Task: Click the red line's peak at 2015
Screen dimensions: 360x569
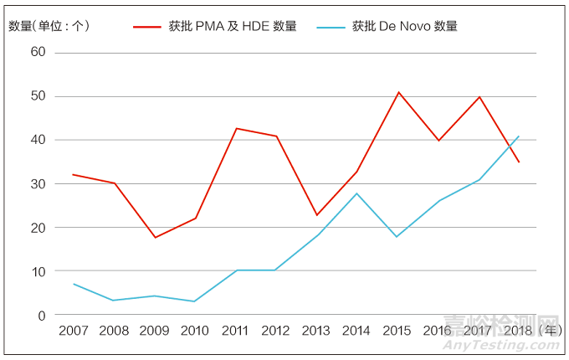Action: coord(398,92)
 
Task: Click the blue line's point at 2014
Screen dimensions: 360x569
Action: coord(357,193)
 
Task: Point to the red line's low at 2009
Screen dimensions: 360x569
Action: coord(154,238)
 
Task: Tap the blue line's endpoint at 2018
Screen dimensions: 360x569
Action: coord(520,136)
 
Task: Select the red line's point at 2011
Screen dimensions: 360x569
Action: coord(236,128)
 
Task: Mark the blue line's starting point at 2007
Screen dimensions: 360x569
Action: coord(73,284)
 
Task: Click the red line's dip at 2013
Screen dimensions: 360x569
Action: coord(316,215)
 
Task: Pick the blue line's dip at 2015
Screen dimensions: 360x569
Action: coord(397,237)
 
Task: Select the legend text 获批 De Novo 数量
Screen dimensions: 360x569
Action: coord(405,26)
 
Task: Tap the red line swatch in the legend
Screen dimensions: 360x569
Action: coord(147,27)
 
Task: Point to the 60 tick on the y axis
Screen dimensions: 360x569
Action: coord(38,53)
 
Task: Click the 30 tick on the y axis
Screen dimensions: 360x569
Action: coord(38,184)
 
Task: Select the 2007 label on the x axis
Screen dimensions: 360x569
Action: coord(74,332)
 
